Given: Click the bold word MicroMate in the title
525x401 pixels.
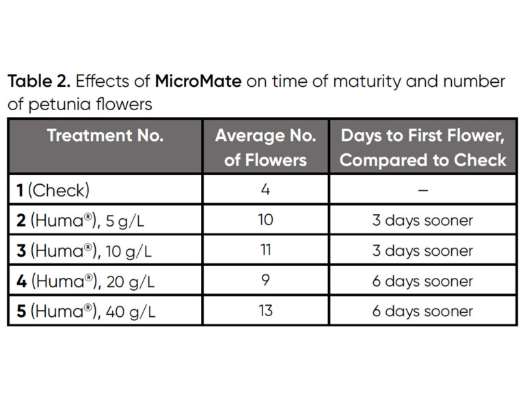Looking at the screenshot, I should (198, 82).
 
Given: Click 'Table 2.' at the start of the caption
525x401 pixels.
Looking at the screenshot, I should (38, 82).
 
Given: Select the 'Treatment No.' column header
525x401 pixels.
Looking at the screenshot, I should (105, 135).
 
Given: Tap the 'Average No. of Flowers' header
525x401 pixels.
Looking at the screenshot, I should (265, 147).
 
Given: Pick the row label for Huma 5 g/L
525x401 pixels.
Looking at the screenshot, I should (80, 220).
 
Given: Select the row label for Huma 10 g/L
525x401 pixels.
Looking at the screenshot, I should (83, 250).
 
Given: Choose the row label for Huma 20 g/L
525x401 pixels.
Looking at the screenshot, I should (84, 281).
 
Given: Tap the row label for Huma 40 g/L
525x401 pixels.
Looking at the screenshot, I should (84, 311).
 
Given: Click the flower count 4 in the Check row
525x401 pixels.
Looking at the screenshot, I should (265, 190).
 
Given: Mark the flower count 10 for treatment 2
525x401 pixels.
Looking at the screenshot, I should (265, 220).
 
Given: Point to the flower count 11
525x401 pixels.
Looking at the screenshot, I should (265, 250).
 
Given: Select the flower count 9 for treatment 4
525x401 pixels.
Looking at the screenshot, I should (265, 280).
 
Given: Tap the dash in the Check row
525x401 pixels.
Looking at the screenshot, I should (422, 190).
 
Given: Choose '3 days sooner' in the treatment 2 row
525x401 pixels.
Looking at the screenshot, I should (422, 220).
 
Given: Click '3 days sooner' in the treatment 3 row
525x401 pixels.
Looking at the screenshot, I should (422, 250).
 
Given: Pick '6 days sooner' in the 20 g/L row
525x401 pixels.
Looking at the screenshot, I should (422, 281).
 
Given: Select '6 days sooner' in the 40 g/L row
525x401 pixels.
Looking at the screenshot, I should (422, 311).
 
